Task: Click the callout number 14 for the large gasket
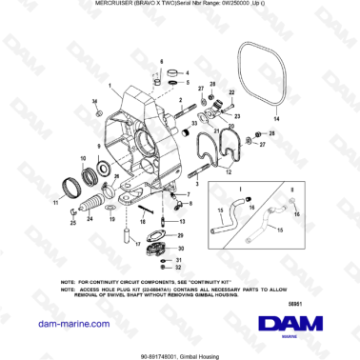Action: pos(276,119)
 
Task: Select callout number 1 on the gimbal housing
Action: pos(92,99)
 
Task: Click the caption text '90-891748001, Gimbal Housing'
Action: pos(180,351)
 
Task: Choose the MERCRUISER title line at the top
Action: pos(180,5)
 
